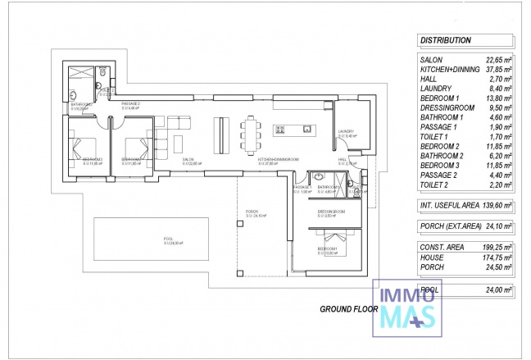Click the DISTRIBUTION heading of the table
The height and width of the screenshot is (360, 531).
pos(445,39)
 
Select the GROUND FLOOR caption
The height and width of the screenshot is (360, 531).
pos(349,310)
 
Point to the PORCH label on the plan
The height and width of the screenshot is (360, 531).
pos(252,213)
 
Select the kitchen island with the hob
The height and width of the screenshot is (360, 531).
pos(293,129)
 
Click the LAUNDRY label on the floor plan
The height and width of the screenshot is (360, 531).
pos(346,131)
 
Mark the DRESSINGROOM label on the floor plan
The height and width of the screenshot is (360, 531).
pos(331,212)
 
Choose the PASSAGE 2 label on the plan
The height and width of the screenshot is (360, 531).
pos(131,105)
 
